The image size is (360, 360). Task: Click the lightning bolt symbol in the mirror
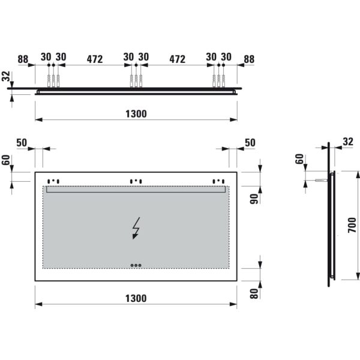coord(136,228)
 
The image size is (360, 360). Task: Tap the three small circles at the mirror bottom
coord(136,265)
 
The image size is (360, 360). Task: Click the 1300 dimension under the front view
coord(136,298)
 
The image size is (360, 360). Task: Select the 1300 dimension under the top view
coord(136,114)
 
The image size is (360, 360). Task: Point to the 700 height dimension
coord(352,225)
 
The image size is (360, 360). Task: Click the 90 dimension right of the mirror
coord(254,199)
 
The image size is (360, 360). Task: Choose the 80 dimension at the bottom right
coord(254,293)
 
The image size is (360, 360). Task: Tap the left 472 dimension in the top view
coord(95,59)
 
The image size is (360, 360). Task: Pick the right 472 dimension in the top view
coord(177,59)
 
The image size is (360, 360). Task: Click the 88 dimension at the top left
coord(23,59)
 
